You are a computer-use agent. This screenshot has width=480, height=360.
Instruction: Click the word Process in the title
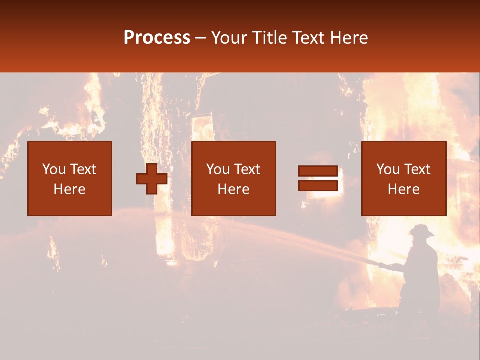(157, 38)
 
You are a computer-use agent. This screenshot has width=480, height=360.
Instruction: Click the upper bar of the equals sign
(318, 171)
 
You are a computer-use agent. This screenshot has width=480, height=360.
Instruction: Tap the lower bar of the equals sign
(318, 185)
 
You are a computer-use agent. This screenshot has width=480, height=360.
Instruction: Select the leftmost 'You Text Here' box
(70, 178)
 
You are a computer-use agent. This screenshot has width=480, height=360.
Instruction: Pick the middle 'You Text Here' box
(234, 178)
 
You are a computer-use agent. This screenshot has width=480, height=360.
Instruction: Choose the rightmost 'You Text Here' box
(404, 178)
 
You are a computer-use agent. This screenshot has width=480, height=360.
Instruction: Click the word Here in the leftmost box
(69, 189)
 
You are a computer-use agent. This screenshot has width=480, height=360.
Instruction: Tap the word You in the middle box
(218, 169)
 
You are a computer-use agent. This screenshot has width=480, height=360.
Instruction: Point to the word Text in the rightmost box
(417, 169)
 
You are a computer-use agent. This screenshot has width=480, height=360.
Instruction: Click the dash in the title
(200, 38)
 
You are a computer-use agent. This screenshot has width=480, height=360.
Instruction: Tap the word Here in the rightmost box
(403, 189)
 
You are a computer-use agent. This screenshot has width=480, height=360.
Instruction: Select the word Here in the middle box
(233, 189)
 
